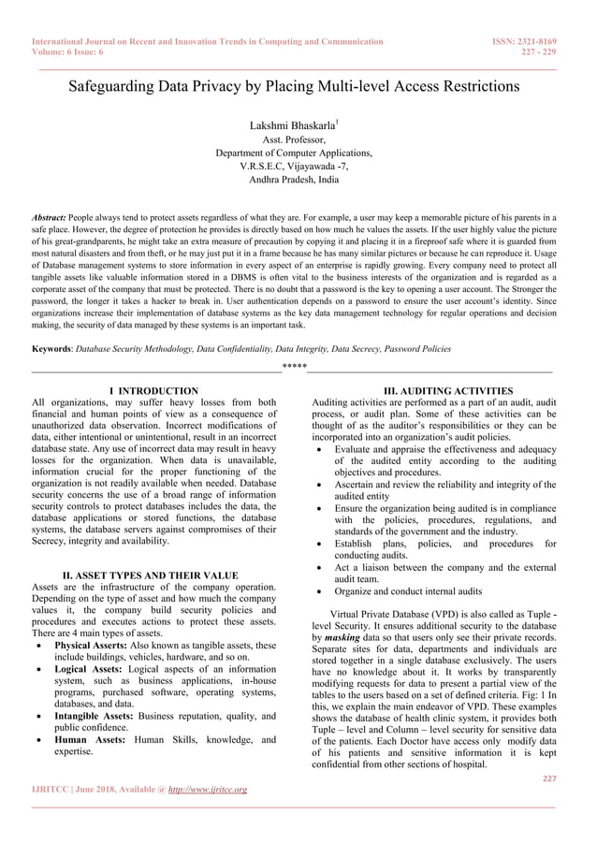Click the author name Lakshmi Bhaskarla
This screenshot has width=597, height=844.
tap(292, 124)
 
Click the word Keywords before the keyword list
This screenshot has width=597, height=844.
tap(51, 349)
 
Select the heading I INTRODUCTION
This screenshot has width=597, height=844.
tap(153, 390)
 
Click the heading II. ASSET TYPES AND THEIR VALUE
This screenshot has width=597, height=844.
tap(150, 575)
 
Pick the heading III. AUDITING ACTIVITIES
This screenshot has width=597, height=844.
tap(435, 390)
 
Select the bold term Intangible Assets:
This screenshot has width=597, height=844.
tap(98, 716)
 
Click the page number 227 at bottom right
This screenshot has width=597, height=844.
tap(549, 777)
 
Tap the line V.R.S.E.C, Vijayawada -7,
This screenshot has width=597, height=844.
tap(293, 166)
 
